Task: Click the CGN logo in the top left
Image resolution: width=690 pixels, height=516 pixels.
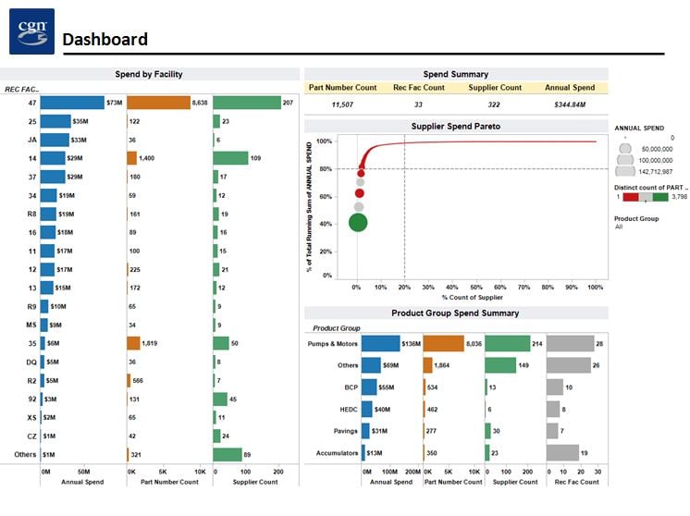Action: point(31,31)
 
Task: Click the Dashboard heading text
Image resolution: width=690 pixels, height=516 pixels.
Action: point(105,39)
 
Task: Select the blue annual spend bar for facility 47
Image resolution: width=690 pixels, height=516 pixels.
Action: point(71,103)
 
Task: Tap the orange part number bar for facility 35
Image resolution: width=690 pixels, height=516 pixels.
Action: point(133,343)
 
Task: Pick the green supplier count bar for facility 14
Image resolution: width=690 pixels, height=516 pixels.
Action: point(230,158)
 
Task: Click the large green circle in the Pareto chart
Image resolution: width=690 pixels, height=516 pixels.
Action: point(358,222)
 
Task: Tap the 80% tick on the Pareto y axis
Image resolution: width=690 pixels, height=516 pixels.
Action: point(325,169)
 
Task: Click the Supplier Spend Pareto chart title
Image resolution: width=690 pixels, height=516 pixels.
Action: point(455,126)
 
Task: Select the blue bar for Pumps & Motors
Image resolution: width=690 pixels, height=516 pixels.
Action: point(380,344)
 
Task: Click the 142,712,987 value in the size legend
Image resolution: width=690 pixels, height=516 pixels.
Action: point(655,172)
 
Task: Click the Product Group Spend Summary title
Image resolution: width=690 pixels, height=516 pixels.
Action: point(455,313)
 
